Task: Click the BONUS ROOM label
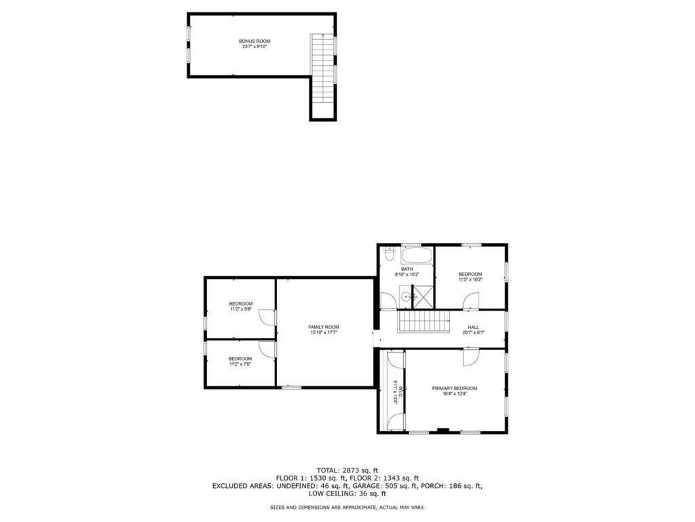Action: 255,41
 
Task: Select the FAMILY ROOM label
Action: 324,327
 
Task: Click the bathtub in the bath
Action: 416,256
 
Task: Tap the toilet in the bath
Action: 388,256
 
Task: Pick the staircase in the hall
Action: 424,321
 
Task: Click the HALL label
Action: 473,327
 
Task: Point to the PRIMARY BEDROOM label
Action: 455,388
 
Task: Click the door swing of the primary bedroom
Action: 471,356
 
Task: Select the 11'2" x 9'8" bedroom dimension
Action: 240,309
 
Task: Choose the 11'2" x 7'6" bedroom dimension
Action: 240,364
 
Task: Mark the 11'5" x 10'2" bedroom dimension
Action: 470,279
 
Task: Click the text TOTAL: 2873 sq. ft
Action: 347,470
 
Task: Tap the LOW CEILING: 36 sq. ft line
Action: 347,494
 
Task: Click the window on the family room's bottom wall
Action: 291,387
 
